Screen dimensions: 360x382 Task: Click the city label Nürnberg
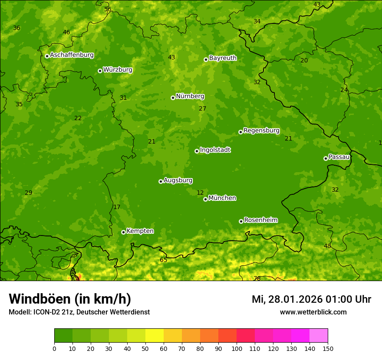click(x=190, y=96)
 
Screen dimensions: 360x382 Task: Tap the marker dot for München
click(x=205, y=199)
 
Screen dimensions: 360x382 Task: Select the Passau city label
click(x=339, y=157)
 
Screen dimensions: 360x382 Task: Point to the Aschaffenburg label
click(x=72, y=55)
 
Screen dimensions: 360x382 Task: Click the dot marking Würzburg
click(x=100, y=71)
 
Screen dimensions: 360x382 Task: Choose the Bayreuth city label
click(x=223, y=58)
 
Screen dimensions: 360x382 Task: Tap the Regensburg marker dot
click(x=240, y=132)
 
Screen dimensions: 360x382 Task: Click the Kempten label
click(x=140, y=231)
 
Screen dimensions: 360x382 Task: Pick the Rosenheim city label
click(x=260, y=220)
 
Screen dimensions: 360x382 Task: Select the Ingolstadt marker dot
click(x=197, y=151)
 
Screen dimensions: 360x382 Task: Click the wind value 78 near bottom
click(x=257, y=278)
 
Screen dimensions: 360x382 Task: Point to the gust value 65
click(x=163, y=260)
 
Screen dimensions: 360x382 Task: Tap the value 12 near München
click(x=200, y=193)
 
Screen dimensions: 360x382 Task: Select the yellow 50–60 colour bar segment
click(x=155, y=336)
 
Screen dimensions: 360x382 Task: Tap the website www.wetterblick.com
click(x=313, y=312)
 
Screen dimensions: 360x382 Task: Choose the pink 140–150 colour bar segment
click(x=319, y=336)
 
